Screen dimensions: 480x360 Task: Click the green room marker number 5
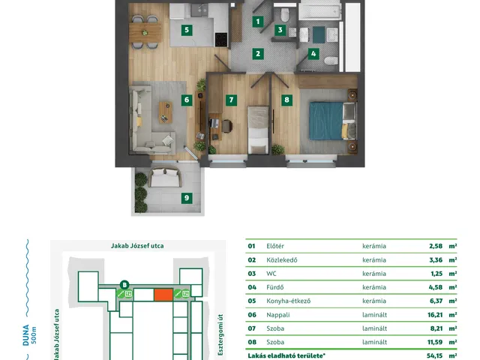187,30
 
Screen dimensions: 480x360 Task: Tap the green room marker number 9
187,198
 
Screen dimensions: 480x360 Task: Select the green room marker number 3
280,30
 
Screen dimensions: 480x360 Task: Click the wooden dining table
145,32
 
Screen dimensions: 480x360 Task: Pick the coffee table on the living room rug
166,112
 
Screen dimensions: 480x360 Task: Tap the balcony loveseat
165,177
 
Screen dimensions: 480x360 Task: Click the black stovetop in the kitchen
221,40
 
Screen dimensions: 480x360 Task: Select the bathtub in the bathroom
320,11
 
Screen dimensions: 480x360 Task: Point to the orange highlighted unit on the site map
163,295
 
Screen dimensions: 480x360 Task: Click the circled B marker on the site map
124,285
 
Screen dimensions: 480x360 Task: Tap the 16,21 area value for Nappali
435,315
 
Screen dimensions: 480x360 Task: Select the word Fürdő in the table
275,287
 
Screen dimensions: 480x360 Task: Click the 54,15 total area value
435,355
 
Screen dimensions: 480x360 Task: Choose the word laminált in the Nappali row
375,315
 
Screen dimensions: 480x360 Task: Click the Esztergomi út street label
220,335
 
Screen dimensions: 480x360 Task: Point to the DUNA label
26,335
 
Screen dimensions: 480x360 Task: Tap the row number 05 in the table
252,301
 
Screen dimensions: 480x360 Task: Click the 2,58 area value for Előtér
436,246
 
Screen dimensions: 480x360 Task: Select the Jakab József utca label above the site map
137,246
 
